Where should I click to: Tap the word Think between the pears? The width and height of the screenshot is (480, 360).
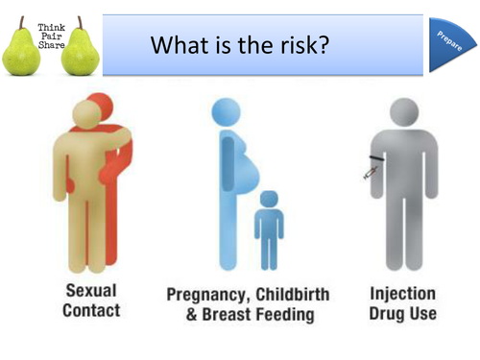(x=49, y=30)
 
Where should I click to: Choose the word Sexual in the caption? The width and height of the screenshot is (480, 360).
(x=91, y=291)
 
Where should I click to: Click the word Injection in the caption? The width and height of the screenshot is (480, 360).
(x=402, y=293)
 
